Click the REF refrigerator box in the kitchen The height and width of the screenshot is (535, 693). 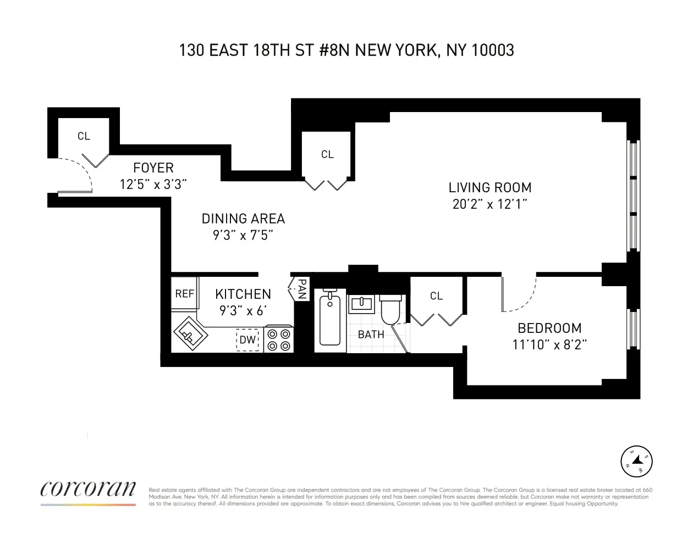[x=184, y=294]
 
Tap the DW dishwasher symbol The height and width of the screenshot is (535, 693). [x=248, y=340]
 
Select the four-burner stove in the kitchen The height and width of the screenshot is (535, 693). [x=279, y=339]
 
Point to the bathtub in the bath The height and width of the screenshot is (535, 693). [x=330, y=320]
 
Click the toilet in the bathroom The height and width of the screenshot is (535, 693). [x=391, y=310]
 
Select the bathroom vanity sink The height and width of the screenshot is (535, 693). [x=361, y=304]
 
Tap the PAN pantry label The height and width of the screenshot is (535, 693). [x=301, y=288]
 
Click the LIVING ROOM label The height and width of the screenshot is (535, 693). [x=490, y=188]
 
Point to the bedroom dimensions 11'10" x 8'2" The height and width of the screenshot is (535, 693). [x=549, y=345]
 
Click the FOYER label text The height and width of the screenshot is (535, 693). [x=153, y=168]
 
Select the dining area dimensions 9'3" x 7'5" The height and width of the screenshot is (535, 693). [x=243, y=236]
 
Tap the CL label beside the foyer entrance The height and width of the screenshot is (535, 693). [x=84, y=136]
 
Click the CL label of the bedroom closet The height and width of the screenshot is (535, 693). [x=436, y=296]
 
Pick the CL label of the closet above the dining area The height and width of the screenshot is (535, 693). [x=327, y=155]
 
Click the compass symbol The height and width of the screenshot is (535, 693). [x=636, y=461]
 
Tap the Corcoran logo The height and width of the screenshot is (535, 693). [x=88, y=489]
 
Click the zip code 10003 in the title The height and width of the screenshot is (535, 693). [x=493, y=51]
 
